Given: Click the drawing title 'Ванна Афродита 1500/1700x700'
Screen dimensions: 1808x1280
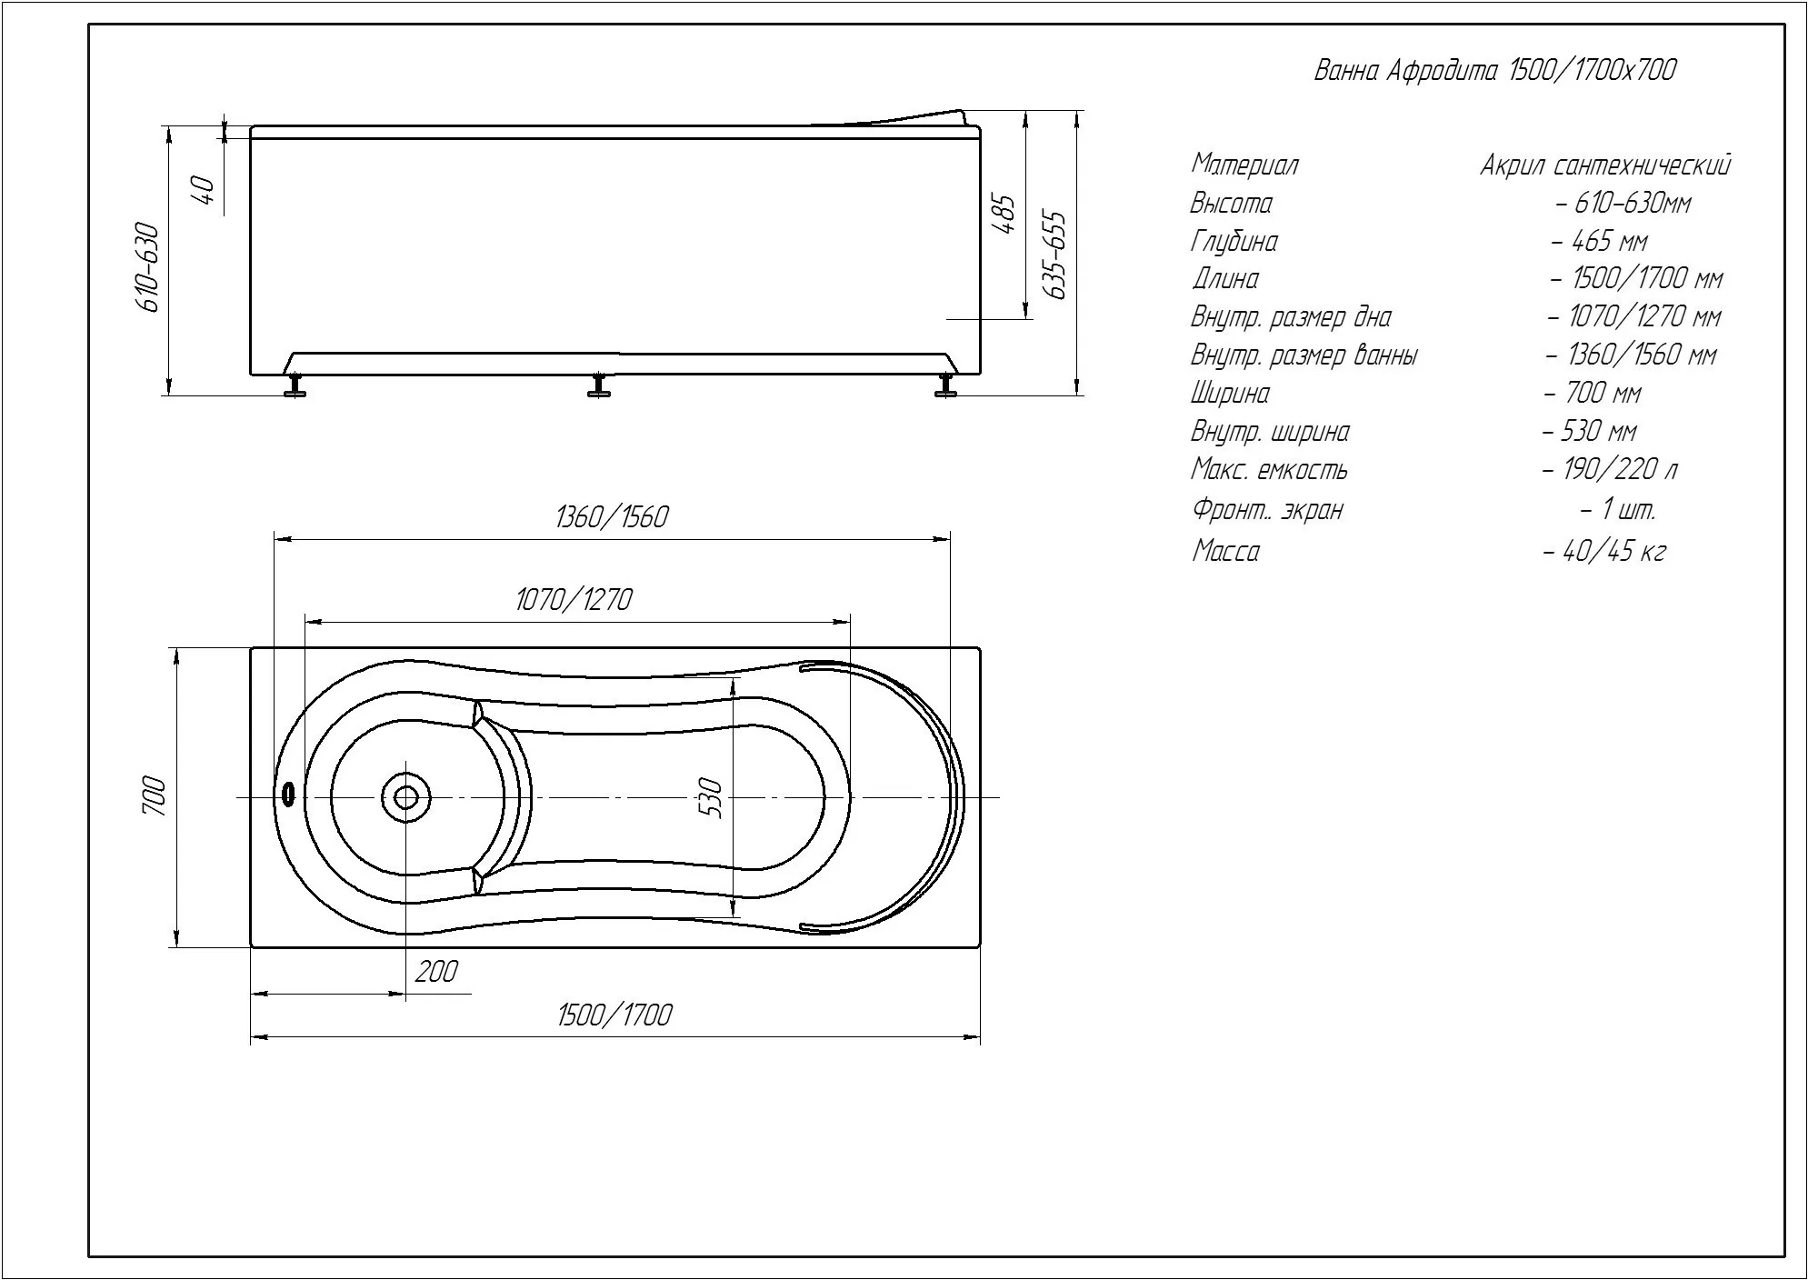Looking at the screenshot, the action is (1495, 71).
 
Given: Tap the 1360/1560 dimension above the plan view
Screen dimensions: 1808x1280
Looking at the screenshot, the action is (611, 517).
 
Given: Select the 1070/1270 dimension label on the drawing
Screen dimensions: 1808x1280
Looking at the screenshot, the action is (574, 600).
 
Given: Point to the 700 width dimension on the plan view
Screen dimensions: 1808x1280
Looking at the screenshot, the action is (155, 795).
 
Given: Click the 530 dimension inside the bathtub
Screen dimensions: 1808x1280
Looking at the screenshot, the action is (712, 797).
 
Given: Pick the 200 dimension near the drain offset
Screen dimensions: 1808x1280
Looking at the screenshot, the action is (436, 972).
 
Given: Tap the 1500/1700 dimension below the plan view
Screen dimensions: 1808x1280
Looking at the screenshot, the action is (614, 1015).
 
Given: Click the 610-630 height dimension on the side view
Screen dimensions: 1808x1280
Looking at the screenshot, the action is (149, 266).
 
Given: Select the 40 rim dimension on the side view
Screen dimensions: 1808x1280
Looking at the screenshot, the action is (205, 190).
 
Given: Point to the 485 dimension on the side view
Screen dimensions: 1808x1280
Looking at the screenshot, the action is (1006, 214).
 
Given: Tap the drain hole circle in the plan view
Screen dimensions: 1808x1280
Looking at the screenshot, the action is (405, 797).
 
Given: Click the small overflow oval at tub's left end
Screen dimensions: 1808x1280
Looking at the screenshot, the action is (288, 795).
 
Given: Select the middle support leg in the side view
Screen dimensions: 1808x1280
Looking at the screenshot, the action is (597, 385).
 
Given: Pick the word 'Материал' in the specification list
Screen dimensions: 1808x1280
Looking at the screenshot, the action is (1244, 165).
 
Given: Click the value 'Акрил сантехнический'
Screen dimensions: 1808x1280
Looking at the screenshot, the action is (1605, 165).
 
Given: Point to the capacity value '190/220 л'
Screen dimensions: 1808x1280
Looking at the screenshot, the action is (1620, 469).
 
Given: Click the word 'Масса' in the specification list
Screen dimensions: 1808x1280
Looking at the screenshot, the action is (1225, 551).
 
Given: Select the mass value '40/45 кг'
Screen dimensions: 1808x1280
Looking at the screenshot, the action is (1614, 551).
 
